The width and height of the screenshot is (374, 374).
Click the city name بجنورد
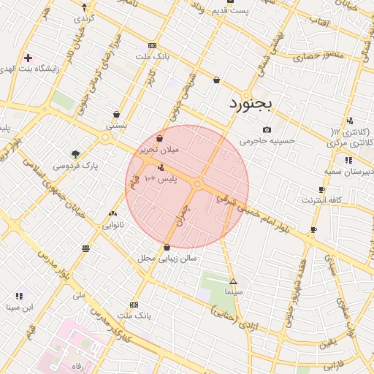[x=249, y=103]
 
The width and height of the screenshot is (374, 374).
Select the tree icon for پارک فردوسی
[x=75, y=153]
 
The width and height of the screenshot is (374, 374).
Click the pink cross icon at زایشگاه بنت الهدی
[x=28, y=57]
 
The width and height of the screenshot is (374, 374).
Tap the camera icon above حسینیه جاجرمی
[x=267, y=129]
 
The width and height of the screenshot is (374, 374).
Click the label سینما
[x=234, y=291]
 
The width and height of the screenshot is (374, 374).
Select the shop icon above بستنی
[x=117, y=113]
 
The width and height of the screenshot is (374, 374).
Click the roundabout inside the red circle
[x=198, y=184]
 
